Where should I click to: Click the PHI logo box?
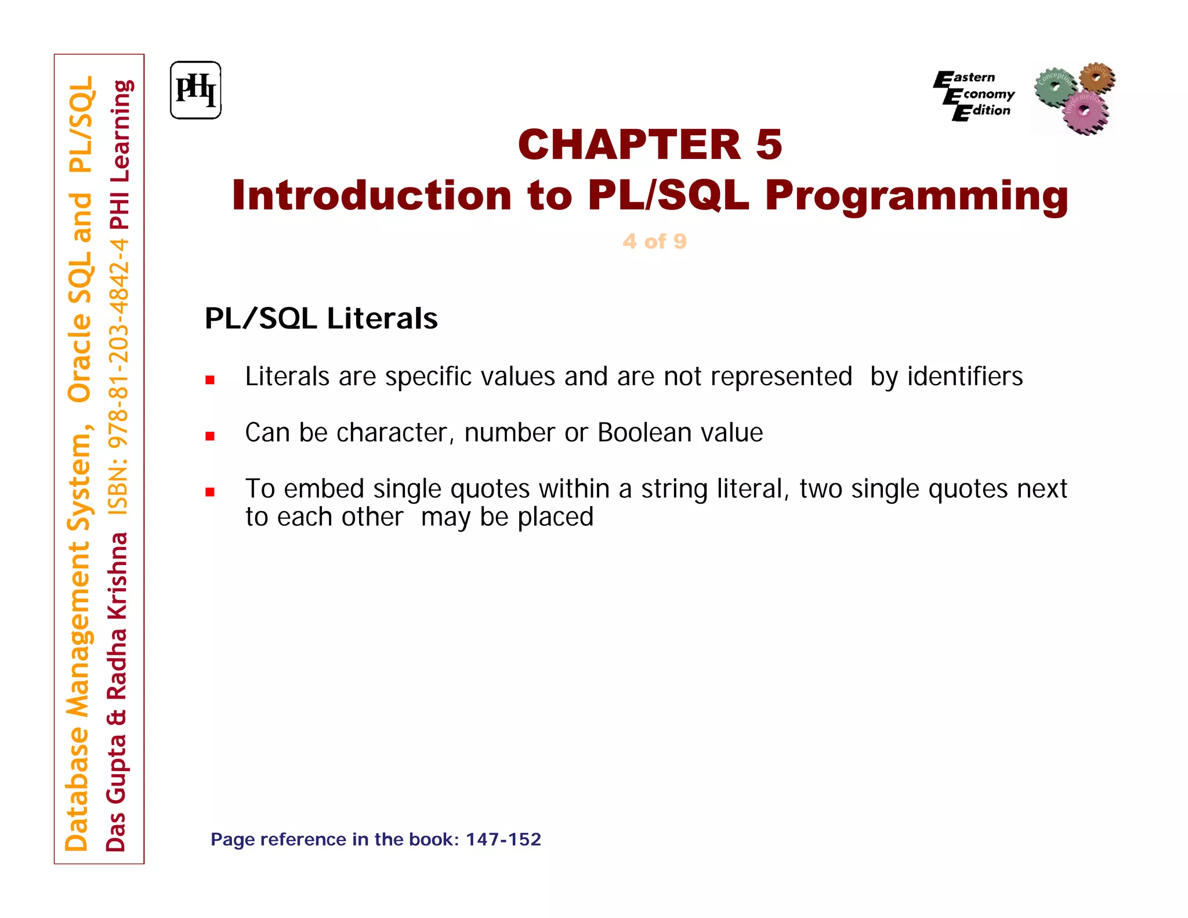point(195,91)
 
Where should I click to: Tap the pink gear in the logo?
point(1084,112)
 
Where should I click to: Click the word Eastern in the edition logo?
point(973,78)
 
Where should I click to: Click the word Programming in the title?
point(916,196)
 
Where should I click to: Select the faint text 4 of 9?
point(654,241)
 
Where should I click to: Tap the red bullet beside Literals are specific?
point(210,381)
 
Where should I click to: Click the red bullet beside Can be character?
point(210,436)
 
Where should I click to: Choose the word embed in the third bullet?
point(324,489)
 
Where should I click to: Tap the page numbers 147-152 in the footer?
point(503,840)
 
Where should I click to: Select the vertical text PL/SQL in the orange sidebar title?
point(81,124)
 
